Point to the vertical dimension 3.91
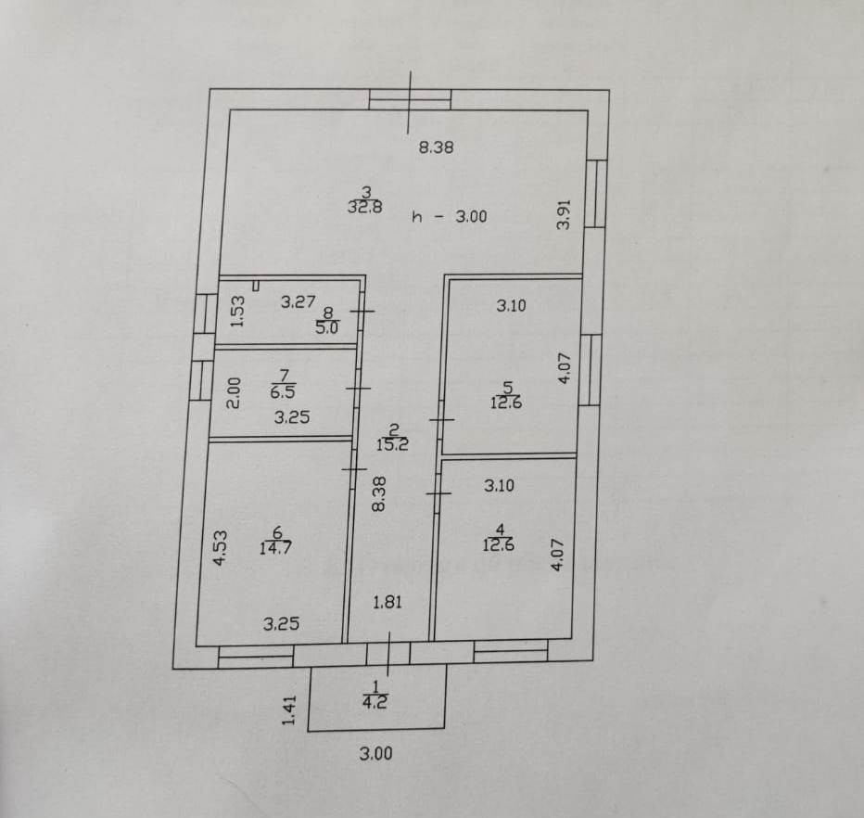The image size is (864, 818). (562, 216)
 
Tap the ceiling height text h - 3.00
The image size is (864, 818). (449, 217)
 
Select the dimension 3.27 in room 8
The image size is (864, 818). (299, 301)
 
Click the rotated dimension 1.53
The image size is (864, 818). (236, 311)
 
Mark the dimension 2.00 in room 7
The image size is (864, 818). (234, 393)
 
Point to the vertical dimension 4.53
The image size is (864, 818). (220, 547)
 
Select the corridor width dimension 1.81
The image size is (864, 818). (387, 603)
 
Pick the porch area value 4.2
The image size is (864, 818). (375, 703)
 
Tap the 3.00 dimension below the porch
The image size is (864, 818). (375, 754)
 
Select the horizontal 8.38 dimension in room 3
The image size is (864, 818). (436, 147)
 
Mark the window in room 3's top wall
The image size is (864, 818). (410, 99)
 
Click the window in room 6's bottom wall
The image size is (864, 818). (255, 657)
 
